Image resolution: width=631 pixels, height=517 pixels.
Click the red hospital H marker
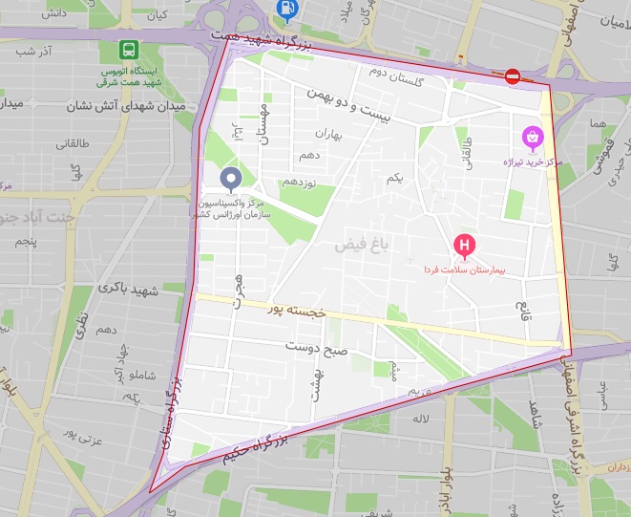coord(464,248)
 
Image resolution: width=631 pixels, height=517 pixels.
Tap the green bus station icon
coord(127,50)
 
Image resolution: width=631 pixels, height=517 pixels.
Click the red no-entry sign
coord(513,76)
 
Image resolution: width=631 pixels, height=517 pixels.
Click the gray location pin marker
coord(231,179)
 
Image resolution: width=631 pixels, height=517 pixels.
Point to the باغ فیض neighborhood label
coord(362,246)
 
